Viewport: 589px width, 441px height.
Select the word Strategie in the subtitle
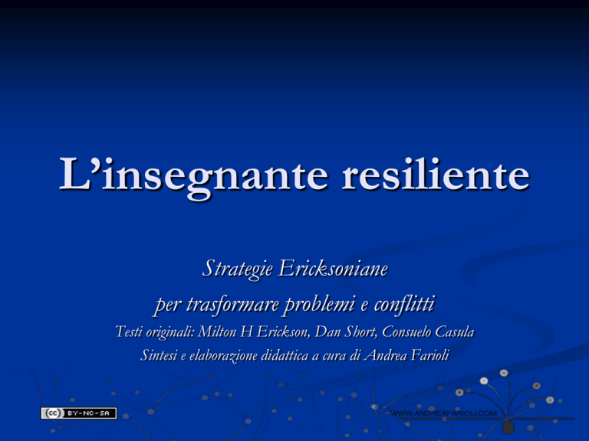(238, 269)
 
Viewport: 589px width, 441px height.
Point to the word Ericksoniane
(333, 269)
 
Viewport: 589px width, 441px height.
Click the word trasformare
(232, 304)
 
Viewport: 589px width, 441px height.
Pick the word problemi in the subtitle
(320, 305)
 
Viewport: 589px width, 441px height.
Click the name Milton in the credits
(217, 332)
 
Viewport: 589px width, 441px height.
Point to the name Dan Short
(346, 332)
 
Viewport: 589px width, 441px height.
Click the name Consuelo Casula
(428, 332)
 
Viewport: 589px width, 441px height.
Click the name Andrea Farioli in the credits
(406, 355)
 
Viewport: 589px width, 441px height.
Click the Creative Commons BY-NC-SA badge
(79, 413)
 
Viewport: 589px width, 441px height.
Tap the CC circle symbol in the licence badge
(53, 413)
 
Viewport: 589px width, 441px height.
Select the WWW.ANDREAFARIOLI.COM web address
(443, 413)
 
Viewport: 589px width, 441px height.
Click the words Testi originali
(155, 332)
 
